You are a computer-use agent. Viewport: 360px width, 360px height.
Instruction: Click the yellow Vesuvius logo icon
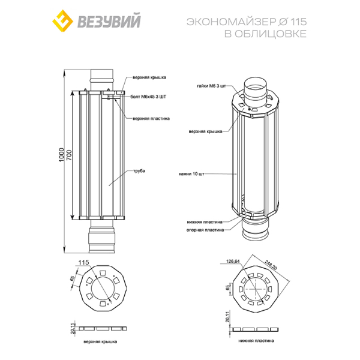pos(62,20)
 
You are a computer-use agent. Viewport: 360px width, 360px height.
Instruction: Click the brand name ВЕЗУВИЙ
pos(109,21)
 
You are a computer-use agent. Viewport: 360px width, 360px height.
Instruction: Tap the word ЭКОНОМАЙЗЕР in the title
pos(231,22)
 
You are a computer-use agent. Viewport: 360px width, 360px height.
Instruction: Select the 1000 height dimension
pos(61,155)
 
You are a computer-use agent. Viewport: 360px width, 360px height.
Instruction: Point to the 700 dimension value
pos(69,155)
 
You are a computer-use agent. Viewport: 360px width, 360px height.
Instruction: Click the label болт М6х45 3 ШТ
pos(148,97)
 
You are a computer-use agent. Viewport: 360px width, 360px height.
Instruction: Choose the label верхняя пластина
pos(151,118)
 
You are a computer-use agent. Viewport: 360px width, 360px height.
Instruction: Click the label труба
pos(139,171)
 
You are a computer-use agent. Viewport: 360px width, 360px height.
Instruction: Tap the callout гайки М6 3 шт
pos(211,86)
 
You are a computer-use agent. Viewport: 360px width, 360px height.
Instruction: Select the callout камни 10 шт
pos(191,174)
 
